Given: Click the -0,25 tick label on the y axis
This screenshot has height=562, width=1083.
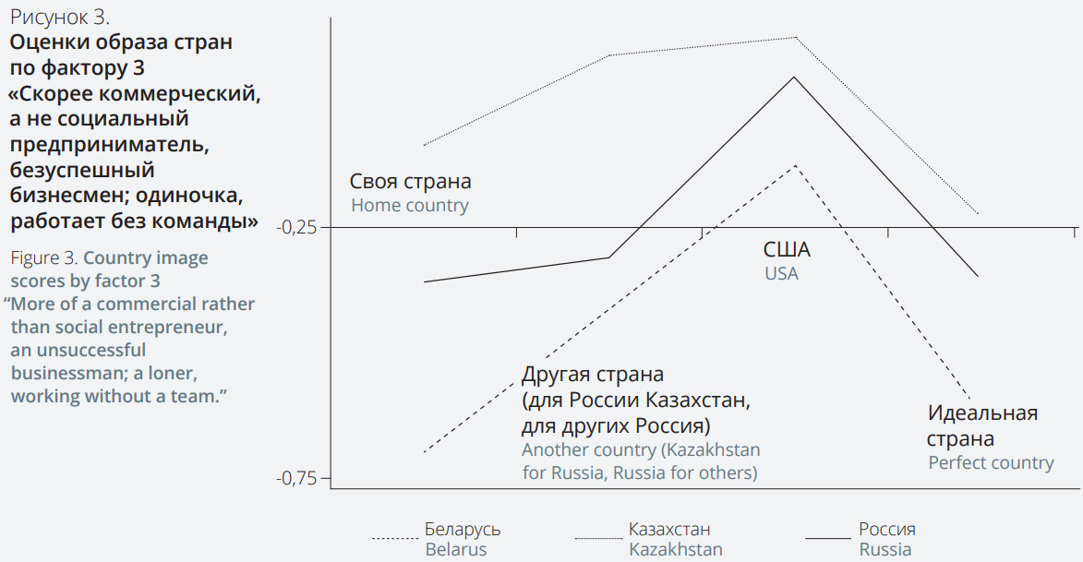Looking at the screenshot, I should pyautogui.click(x=296, y=227).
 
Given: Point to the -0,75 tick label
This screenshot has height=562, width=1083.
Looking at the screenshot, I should pyautogui.click(x=296, y=478).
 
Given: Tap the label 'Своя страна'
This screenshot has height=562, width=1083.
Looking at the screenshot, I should pyautogui.click(x=410, y=181).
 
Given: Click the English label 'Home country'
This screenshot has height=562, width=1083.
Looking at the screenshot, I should pyautogui.click(x=409, y=205).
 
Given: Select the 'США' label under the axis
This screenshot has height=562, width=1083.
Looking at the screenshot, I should pyautogui.click(x=787, y=249).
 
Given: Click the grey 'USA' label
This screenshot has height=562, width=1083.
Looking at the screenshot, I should pyautogui.click(x=781, y=273).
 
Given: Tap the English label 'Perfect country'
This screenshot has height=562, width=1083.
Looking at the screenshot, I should pyautogui.click(x=991, y=462).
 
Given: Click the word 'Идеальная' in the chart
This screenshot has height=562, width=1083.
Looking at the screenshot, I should pyautogui.click(x=982, y=413).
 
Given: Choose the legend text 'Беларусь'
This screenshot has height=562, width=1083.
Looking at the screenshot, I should pyautogui.click(x=463, y=530).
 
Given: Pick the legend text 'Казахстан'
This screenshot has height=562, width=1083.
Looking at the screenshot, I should pyautogui.click(x=669, y=530).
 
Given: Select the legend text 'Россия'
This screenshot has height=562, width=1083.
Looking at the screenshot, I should pyautogui.click(x=887, y=530).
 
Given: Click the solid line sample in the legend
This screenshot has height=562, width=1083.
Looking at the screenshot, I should pyautogui.click(x=827, y=537).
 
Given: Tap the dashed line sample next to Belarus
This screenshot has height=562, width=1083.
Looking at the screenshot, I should pyautogui.click(x=395, y=537).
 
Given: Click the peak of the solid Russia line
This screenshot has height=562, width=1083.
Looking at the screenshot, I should pyautogui.click(x=793, y=77).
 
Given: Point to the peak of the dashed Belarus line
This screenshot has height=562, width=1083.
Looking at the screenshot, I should pyautogui.click(x=793, y=165).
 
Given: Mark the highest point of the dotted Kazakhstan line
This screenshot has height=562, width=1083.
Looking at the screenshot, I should pyautogui.click(x=794, y=37).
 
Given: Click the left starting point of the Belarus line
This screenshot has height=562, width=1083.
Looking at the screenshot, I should pyautogui.click(x=424, y=452).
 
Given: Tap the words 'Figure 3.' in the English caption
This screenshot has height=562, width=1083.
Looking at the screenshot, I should pyautogui.click(x=43, y=257).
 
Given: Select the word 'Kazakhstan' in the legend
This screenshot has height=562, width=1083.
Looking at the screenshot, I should pyautogui.click(x=675, y=549).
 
